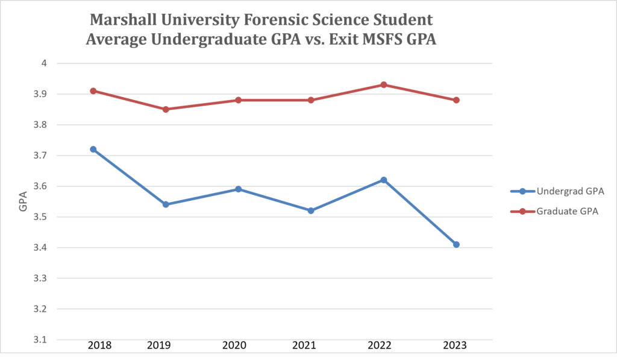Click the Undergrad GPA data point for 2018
click(93, 149)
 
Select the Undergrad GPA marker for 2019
click(166, 204)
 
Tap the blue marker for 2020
click(238, 189)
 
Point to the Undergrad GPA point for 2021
click(311, 210)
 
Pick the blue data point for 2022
click(383, 180)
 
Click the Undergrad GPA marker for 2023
click(456, 244)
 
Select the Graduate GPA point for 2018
click(93, 90)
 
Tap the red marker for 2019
click(166, 109)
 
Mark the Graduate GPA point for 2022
click(383, 84)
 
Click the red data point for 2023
click(456, 100)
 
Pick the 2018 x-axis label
click(99, 346)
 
